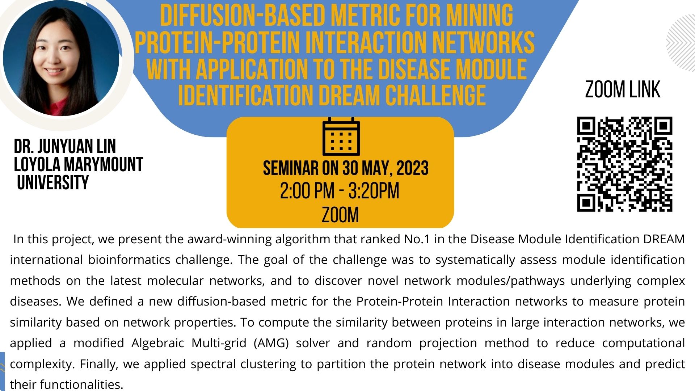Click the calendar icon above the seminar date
click(341, 136)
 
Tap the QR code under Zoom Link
click(624, 164)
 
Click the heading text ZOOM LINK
click(623, 89)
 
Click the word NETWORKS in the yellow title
click(483, 42)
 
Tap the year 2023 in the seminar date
click(412, 168)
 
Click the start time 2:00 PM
click(307, 191)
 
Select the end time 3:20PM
click(374, 191)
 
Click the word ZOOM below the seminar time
click(340, 215)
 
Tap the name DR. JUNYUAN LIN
click(65, 147)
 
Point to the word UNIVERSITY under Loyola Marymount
click(53, 182)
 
